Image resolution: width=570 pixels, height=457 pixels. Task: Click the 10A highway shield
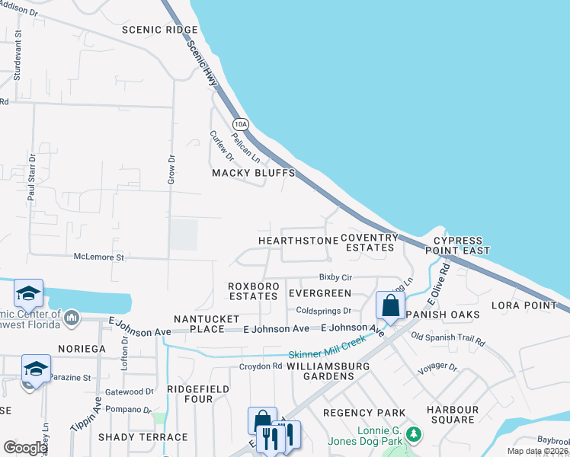(241, 123)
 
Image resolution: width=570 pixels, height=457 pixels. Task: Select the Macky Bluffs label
(253, 173)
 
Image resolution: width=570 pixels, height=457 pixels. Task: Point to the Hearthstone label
(298, 241)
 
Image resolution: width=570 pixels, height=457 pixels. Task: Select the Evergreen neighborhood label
(320, 293)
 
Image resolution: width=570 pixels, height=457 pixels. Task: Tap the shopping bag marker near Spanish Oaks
(390, 306)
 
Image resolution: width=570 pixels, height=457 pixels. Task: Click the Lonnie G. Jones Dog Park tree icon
(414, 434)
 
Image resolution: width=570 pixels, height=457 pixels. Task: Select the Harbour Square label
(453, 415)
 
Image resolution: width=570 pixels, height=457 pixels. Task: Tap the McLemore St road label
(98, 257)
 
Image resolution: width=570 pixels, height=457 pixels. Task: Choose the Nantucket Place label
(207, 324)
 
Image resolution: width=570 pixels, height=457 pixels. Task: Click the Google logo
(25, 448)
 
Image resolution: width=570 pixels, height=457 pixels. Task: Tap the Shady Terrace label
(143, 437)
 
